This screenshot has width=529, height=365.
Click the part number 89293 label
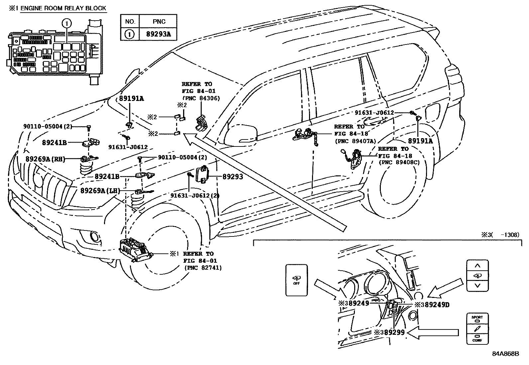click(x=232, y=177)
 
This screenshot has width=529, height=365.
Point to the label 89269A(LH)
click(x=100, y=191)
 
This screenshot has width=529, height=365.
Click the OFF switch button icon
click(x=296, y=280)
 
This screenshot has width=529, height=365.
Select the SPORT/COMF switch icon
click(x=477, y=328)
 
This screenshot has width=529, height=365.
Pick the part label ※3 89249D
click(x=432, y=304)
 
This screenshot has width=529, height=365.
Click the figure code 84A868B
click(x=505, y=354)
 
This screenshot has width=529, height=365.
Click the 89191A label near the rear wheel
click(x=420, y=141)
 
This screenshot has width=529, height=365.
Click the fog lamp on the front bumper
click(x=94, y=237)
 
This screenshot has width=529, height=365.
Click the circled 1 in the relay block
click(x=67, y=23)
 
